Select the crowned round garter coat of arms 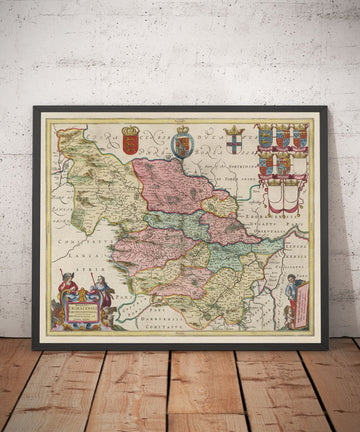182,144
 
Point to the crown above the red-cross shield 232,129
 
